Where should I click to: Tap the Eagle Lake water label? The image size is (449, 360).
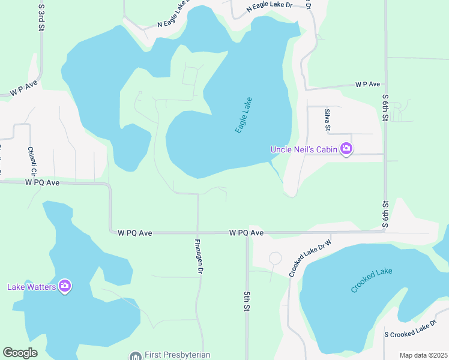(x=244, y=115)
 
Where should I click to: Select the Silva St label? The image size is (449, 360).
(x=328, y=119)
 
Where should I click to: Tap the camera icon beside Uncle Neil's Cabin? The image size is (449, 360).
(x=346, y=149)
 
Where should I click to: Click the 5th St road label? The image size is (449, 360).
(x=246, y=301)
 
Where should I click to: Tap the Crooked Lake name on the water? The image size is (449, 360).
(x=372, y=281)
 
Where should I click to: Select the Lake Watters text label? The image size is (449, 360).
(x=32, y=287)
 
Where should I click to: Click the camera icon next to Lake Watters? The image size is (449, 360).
(x=65, y=287)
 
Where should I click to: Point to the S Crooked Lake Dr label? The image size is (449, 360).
(x=410, y=329)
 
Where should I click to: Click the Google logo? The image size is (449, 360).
(x=20, y=353)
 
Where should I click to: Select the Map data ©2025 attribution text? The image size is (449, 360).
(x=423, y=355)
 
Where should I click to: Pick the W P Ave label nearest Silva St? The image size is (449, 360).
(x=367, y=84)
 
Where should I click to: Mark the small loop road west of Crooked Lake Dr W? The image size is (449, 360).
(x=275, y=258)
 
